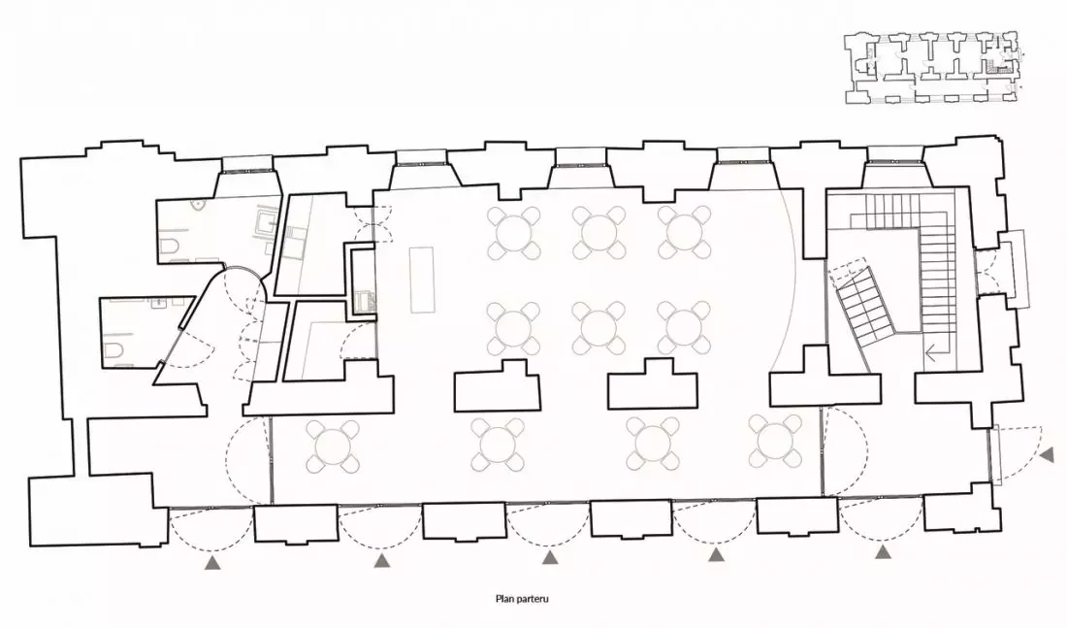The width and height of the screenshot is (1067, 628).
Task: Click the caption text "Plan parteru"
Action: (521, 600)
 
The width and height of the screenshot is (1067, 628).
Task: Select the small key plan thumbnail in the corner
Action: (933, 67)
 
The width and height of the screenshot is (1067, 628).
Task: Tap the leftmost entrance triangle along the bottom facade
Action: (213, 562)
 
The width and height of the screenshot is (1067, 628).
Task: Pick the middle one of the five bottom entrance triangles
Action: (550, 558)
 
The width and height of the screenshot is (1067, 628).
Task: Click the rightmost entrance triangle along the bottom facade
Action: (883, 551)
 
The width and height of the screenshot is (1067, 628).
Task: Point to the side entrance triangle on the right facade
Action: (1048, 455)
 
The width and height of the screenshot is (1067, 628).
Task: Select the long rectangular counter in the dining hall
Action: (422, 280)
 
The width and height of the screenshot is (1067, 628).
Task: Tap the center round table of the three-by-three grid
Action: (598, 328)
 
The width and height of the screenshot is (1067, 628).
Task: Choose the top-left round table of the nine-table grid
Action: (514, 233)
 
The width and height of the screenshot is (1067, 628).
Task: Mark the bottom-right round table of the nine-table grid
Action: (683, 328)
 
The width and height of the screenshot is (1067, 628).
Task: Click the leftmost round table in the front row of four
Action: (332, 446)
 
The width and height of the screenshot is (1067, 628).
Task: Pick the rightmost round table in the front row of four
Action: (776, 440)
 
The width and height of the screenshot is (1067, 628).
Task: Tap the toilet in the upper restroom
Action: (170, 248)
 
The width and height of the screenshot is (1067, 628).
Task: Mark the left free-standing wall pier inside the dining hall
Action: (498, 386)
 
